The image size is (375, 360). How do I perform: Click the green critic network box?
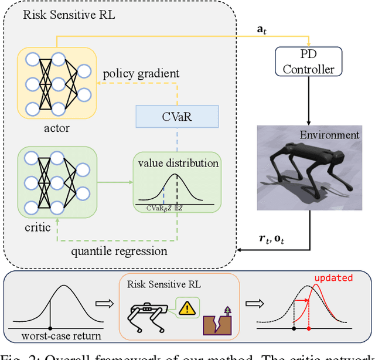[x=57, y=183]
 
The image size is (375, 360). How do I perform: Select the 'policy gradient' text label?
[x=141, y=74]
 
